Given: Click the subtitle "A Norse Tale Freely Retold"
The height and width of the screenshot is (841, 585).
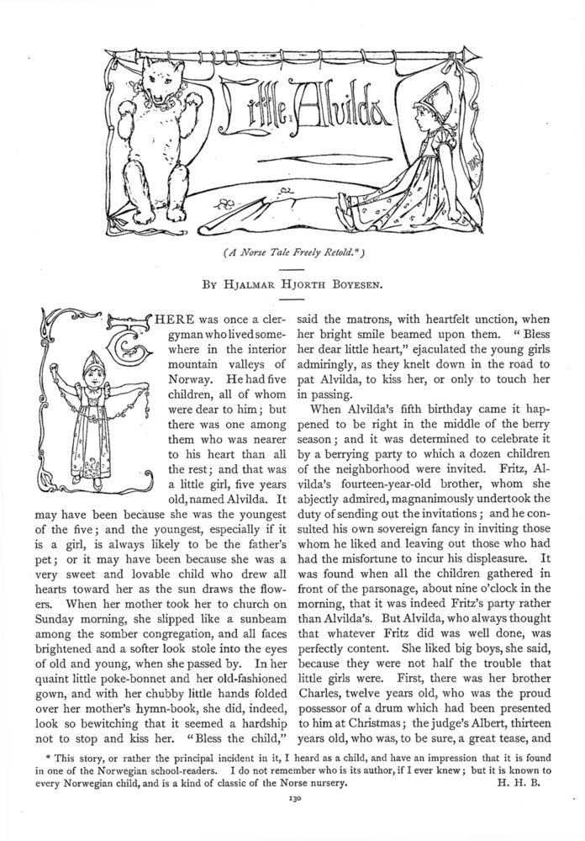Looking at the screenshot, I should point(292,251).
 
